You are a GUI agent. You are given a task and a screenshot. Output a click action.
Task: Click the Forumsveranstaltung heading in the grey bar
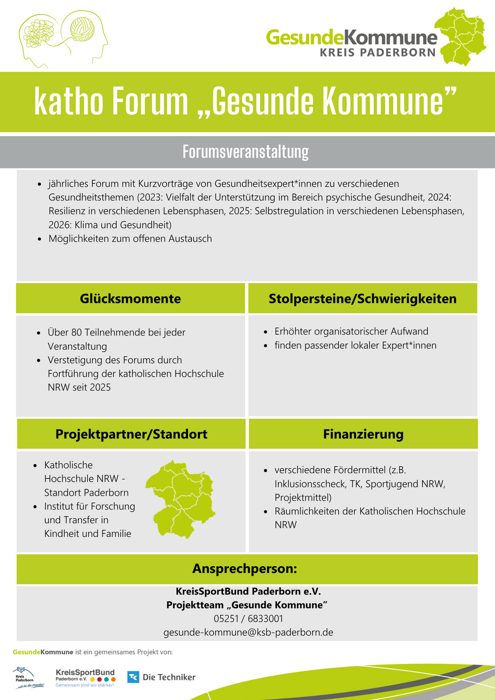point(246,152)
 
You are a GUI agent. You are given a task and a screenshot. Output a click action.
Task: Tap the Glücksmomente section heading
point(130,298)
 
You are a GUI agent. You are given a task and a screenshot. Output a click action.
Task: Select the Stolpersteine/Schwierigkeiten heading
point(362,298)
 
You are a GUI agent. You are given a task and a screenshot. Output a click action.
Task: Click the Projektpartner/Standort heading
point(131,434)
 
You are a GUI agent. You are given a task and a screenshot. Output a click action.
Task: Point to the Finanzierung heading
point(363,434)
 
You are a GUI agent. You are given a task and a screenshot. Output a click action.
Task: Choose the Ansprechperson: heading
point(245,568)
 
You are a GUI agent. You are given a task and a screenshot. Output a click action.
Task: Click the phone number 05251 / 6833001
point(248,619)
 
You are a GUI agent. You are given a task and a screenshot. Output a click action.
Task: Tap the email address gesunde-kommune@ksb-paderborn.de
point(248,632)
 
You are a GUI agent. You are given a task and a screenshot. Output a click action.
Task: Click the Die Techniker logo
point(161,677)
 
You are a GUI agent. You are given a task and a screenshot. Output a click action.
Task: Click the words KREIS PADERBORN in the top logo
point(377,52)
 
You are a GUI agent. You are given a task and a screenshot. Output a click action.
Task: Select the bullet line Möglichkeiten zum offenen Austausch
point(130,238)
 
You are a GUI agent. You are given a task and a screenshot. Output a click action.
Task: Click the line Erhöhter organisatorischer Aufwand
point(351,331)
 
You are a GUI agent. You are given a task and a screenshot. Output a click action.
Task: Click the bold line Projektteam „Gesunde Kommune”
point(247,605)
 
